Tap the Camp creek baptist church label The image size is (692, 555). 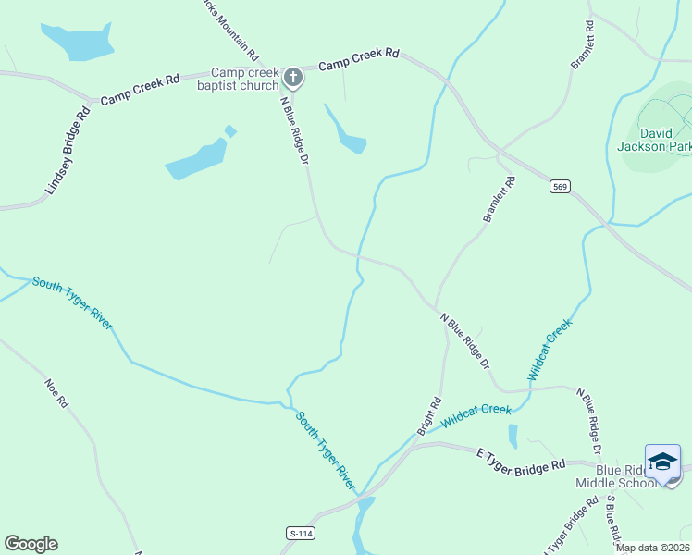[x=244, y=80]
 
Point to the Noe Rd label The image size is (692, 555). [x=56, y=392]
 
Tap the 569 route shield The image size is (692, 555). [x=559, y=187]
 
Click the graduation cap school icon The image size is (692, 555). [x=662, y=462]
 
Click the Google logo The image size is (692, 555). [x=31, y=544]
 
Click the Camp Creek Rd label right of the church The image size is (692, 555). [x=358, y=61]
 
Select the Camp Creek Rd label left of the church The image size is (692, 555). [x=140, y=89]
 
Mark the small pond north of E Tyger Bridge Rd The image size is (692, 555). [x=513, y=436]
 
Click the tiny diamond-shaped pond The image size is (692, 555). [x=230, y=130]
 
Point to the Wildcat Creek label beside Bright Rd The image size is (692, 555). [x=476, y=415]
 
